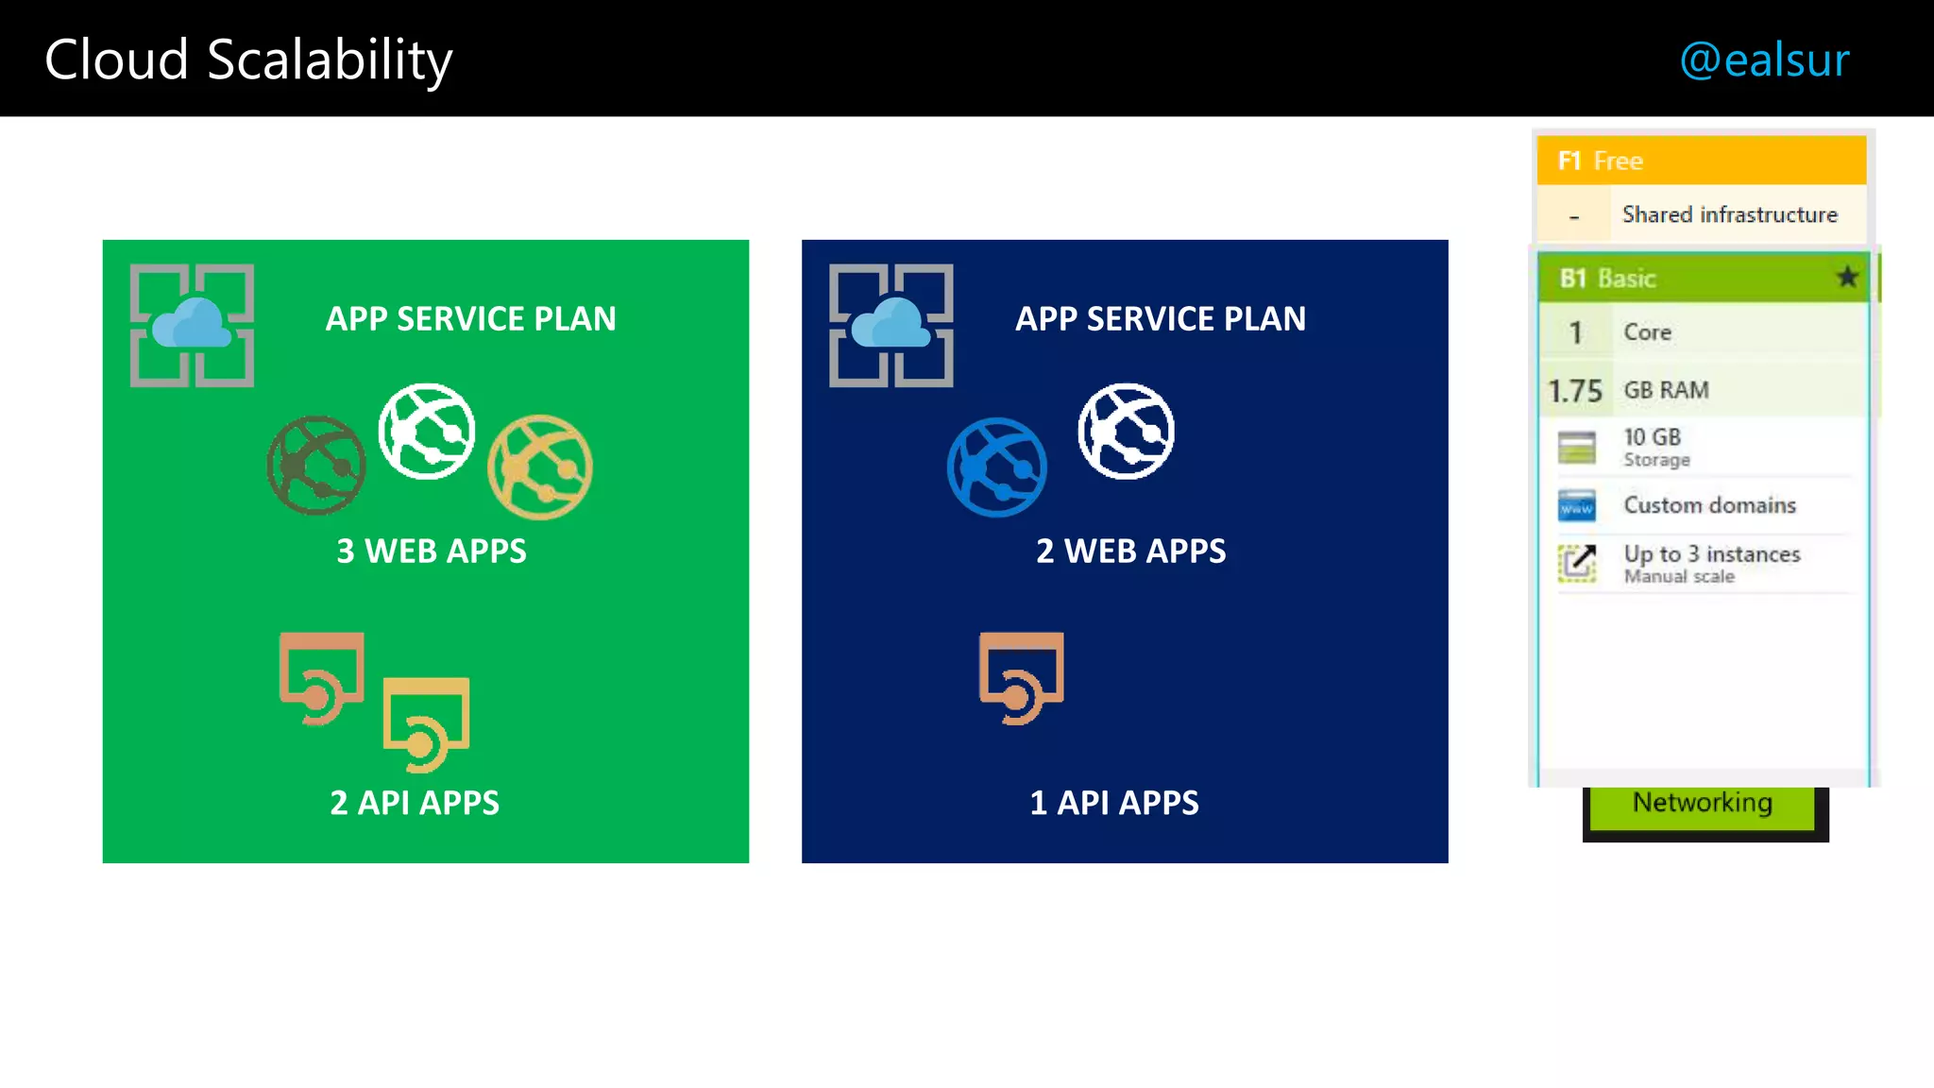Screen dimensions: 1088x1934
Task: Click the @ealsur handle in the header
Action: pyautogui.click(x=1763, y=60)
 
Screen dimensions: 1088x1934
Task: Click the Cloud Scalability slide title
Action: pyautogui.click(x=248, y=60)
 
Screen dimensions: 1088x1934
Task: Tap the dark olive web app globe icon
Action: pyautogui.click(x=316, y=466)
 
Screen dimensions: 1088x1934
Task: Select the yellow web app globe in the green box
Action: pyautogui.click(x=540, y=467)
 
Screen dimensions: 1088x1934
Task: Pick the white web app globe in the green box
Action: pyautogui.click(x=427, y=431)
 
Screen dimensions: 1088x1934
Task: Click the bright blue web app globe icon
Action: pyautogui.click(x=997, y=467)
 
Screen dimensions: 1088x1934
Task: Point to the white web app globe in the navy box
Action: pyautogui.click(x=1127, y=431)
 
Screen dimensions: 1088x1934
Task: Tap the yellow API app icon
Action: pyautogui.click(x=426, y=723)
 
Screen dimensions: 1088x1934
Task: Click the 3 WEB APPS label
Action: pyautogui.click(x=432, y=551)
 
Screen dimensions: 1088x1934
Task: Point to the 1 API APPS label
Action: pyautogui.click(x=1114, y=803)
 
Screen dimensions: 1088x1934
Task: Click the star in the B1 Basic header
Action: pyautogui.click(x=1847, y=278)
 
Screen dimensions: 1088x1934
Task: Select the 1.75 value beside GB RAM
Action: pyautogui.click(x=1575, y=390)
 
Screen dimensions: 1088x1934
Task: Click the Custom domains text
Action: pyautogui.click(x=1709, y=505)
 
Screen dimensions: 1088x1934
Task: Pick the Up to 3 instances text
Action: pyautogui.click(x=1711, y=554)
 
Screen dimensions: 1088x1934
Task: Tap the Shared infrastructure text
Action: pyautogui.click(x=1729, y=215)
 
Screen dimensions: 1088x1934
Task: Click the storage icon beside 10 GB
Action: pyautogui.click(x=1576, y=448)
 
